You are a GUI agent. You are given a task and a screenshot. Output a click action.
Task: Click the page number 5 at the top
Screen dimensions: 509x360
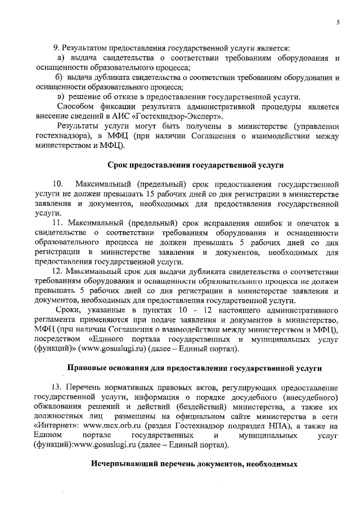coord(338,22)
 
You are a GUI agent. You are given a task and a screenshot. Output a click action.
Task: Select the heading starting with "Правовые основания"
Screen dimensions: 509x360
coord(194,368)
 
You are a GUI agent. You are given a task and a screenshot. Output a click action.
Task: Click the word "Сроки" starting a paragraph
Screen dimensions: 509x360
coord(70,310)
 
